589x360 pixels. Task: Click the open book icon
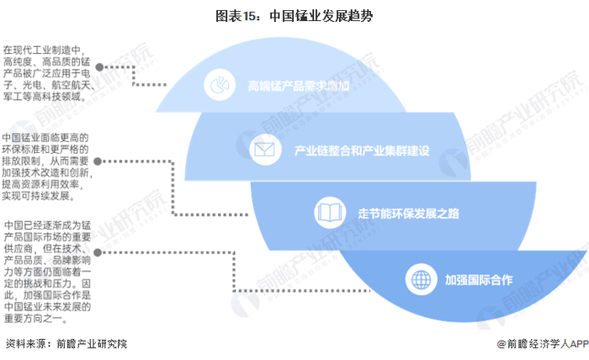click(x=326, y=211)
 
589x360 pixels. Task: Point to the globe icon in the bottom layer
click(x=418, y=278)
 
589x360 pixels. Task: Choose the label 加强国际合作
click(x=479, y=278)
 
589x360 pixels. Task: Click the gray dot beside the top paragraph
click(x=99, y=66)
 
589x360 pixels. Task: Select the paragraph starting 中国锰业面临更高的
click(x=46, y=167)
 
